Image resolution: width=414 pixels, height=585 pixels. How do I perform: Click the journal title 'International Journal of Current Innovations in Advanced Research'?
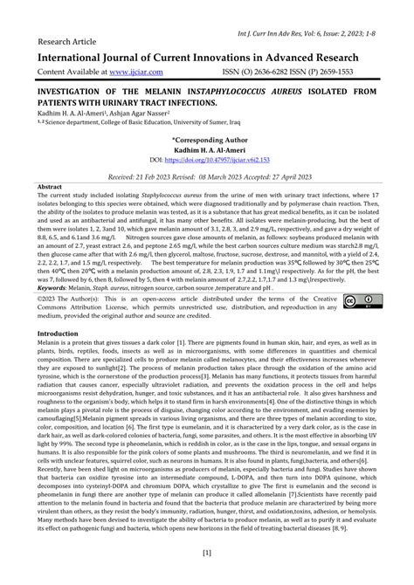(x=206, y=56)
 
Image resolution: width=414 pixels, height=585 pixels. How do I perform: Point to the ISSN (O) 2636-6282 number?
(x=282, y=71)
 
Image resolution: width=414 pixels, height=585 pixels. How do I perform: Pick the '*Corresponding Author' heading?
(x=206, y=140)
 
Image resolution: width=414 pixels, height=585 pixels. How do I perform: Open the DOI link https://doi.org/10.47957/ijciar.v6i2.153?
(x=213, y=161)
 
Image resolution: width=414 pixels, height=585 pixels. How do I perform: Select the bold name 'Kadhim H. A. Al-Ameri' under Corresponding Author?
(x=206, y=150)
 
